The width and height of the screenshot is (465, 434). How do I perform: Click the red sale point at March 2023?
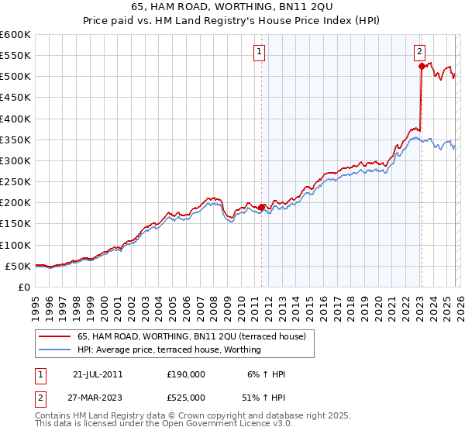tap(421, 67)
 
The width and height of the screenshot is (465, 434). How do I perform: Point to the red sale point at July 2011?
tap(261, 207)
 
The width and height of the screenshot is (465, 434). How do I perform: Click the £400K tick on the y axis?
tap(15, 119)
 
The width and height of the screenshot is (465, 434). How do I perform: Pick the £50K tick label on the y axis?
tap(18, 266)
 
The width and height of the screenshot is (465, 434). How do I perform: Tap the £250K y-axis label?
tap(15, 182)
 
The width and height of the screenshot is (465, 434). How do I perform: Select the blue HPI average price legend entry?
tap(169, 350)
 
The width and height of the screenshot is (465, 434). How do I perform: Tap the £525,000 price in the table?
tap(186, 397)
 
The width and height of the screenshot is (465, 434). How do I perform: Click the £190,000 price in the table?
tap(186, 374)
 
